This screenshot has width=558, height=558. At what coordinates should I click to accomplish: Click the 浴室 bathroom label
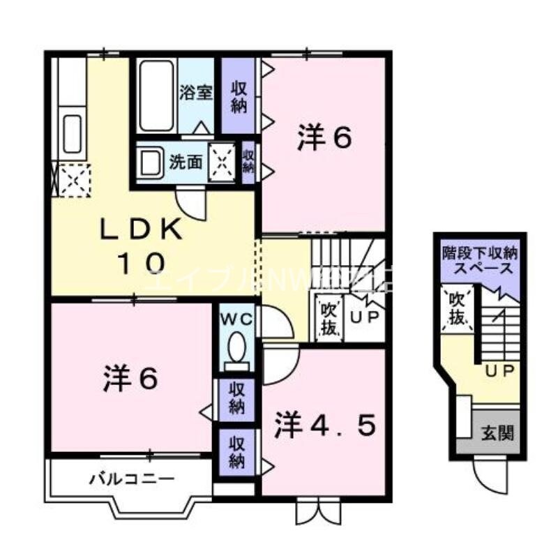[x=196, y=93]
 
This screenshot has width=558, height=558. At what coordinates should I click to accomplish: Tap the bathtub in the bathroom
[x=156, y=96]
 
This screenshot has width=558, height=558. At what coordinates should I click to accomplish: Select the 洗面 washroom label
[x=186, y=163]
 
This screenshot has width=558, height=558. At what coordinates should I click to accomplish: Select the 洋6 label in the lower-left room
[x=130, y=378]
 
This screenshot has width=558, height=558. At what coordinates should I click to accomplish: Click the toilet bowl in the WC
[x=236, y=347]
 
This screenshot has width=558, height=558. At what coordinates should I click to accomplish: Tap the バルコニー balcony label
[x=131, y=479]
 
